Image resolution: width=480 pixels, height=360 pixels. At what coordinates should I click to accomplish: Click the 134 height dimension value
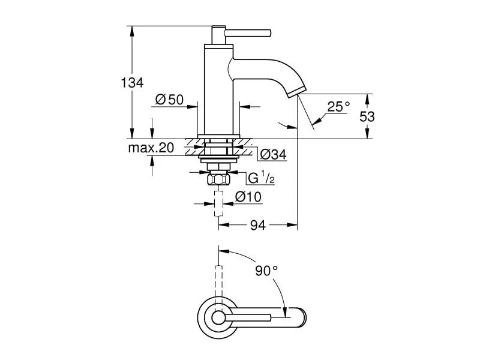click(x=133, y=83)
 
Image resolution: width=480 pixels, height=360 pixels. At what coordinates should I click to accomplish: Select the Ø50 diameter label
click(x=169, y=100)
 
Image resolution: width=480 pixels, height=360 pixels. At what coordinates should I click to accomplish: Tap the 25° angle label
click(x=338, y=107)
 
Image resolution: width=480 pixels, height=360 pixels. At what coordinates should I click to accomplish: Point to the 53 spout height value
click(x=367, y=116)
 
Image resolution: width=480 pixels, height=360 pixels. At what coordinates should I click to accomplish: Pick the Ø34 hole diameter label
click(x=273, y=155)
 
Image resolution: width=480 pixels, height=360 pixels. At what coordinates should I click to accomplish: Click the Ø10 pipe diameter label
click(x=247, y=197)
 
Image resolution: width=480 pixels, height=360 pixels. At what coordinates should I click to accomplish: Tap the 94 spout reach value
click(x=257, y=225)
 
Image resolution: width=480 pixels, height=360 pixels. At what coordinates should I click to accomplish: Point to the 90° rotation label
click(x=266, y=271)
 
